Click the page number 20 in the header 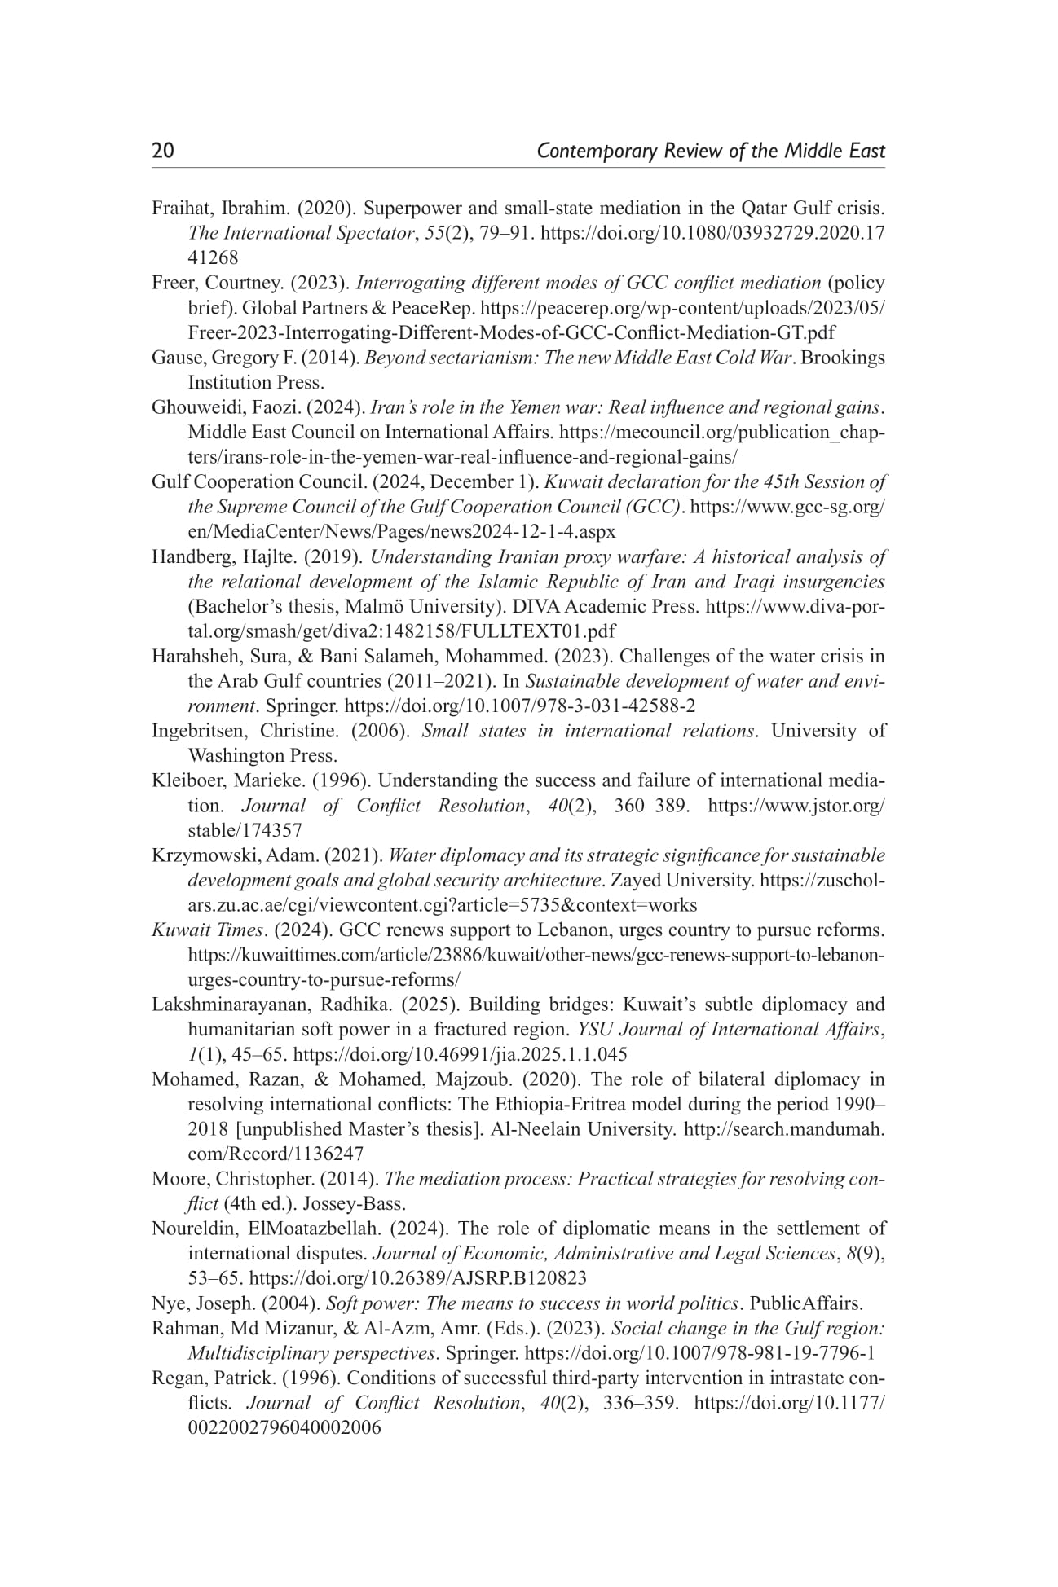click(163, 152)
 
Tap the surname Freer click(172, 284)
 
